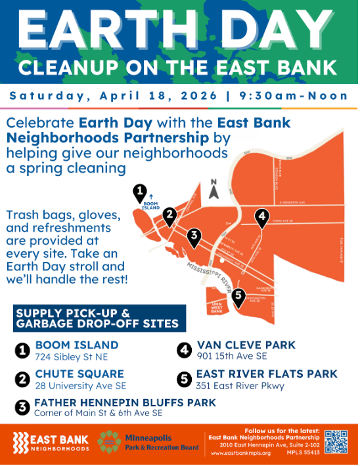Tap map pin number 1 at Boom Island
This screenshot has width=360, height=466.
[139, 193]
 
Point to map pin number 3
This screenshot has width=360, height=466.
[194, 237]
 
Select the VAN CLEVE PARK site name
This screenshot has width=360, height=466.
[246, 345]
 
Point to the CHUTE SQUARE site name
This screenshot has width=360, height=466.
[73, 374]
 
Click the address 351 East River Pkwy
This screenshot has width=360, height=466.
[240, 386]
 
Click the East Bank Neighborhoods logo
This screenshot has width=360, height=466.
[50, 442]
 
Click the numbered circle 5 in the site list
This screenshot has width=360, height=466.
[185, 379]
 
